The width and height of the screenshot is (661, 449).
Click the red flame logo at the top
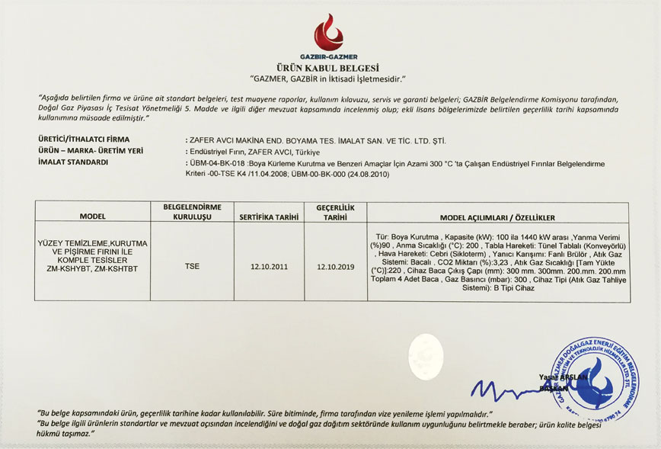[x=328, y=32]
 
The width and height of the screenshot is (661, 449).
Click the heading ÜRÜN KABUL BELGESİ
[x=328, y=68]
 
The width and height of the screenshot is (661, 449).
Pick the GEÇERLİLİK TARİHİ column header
[x=335, y=212]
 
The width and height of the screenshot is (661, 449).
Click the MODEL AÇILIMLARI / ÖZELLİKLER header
[x=497, y=217]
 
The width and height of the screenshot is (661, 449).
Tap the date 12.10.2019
[x=335, y=267]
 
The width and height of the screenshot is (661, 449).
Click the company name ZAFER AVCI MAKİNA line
[x=316, y=140]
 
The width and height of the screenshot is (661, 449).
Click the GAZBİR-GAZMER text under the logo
[x=328, y=57]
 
